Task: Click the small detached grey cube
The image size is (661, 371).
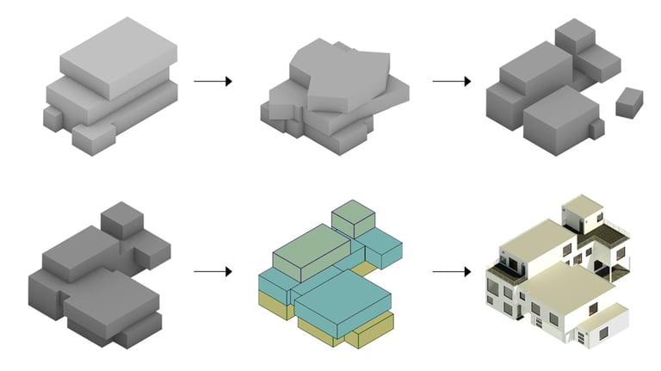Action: (629, 102)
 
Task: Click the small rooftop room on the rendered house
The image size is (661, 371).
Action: (583, 208)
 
